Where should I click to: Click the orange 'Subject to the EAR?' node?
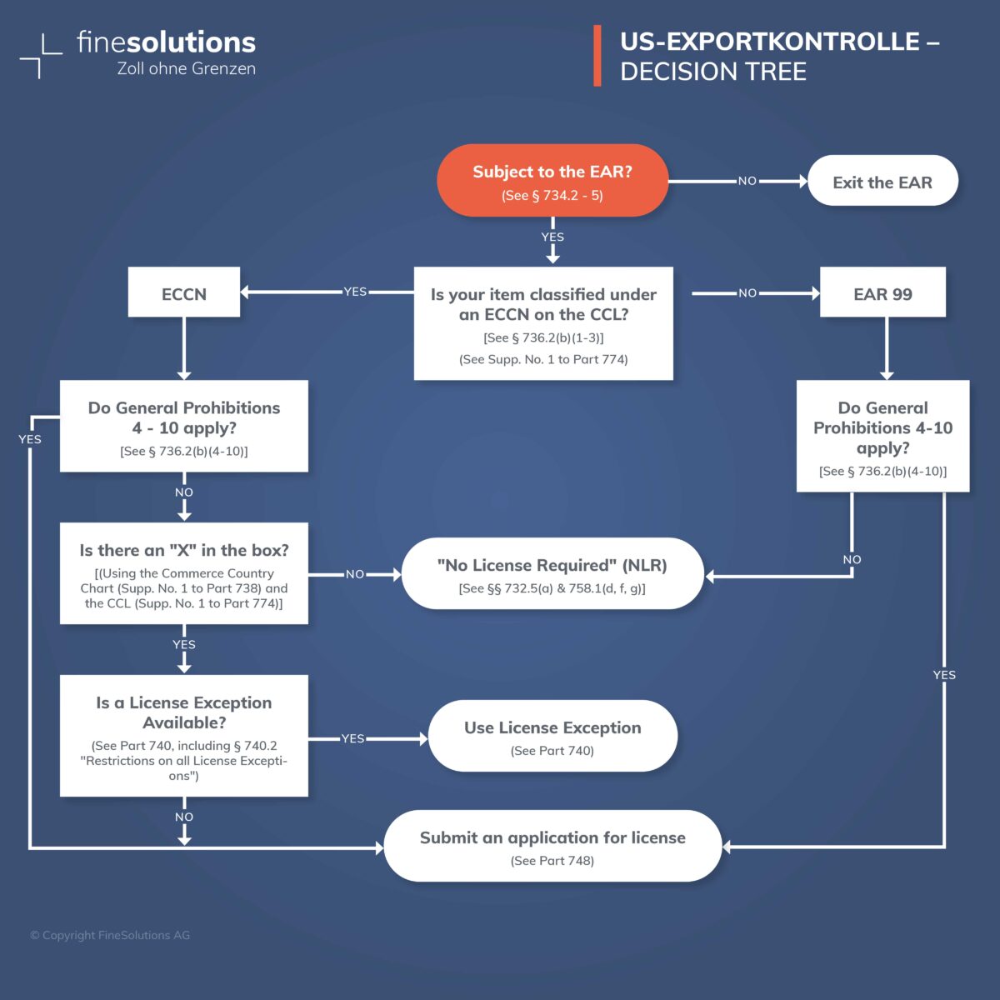point(552,181)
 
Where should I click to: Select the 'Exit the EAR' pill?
point(882,182)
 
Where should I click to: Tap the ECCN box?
point(184,292)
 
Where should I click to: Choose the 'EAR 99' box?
point(882,292)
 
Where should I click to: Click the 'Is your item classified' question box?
point(543,323)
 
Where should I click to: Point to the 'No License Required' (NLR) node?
point(552,574)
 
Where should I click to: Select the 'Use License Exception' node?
point(552,737)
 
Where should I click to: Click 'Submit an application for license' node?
point(552,846)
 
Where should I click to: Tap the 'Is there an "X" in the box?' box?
point(184,573)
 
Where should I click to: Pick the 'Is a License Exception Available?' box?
point(184,736)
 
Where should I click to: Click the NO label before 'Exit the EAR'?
point(747,181)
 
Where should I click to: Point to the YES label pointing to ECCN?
point(355,292)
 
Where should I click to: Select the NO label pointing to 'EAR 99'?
point(747,292)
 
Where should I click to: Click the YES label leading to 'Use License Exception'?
point(352,738)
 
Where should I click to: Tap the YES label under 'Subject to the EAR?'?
point(552,237)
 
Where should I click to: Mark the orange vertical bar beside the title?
point(597,56)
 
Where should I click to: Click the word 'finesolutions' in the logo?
point(167,42)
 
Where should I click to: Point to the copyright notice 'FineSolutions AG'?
point(110,935)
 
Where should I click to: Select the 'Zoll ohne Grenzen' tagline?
point(187,68)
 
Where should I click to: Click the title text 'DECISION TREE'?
point(713,72)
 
